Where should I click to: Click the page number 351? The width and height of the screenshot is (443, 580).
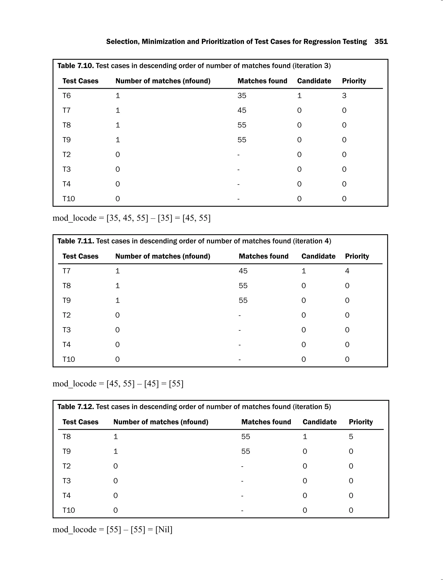pyautogui.click(x=381, y=42)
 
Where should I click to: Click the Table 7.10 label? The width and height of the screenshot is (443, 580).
pyautogui.click(x=75, y=66)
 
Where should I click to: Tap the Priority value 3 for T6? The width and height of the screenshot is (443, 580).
pyautogui.click(x=344, y=96)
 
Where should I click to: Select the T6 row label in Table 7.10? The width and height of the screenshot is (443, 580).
pyautogui.click(x=66, y=96)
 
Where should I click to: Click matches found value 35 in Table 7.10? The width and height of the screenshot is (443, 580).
pyautogui.click(x=242, y=96)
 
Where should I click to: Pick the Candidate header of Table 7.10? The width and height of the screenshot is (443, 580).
pyautogui.click(x=314, y=81)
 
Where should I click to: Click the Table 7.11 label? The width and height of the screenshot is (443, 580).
pyautogui.click(x=75, y=241)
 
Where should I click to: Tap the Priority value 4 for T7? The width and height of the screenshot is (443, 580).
pyautogui.click(x=347, y=271)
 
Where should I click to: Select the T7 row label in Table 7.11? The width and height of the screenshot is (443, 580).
pyautogui.click(x=66, y=271)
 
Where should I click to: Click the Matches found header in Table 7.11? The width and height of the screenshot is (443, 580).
pyautogui.click(x=263, y=256)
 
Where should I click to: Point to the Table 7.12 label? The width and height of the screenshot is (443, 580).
pyautogui.click(x=75, y=407)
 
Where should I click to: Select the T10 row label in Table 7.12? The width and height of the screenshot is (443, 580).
pyautogui.click(x=69, y=510)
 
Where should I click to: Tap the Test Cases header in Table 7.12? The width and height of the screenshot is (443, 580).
pyautogui.click(x=80, y=422)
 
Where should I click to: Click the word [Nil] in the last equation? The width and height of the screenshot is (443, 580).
pyautogui.click(x=164, y=529)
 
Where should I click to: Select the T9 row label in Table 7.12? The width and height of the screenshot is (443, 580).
pyautogui.click(x=66, y=451)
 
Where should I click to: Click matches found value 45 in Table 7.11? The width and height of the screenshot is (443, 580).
pyautogui.click(x=243, y=271)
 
